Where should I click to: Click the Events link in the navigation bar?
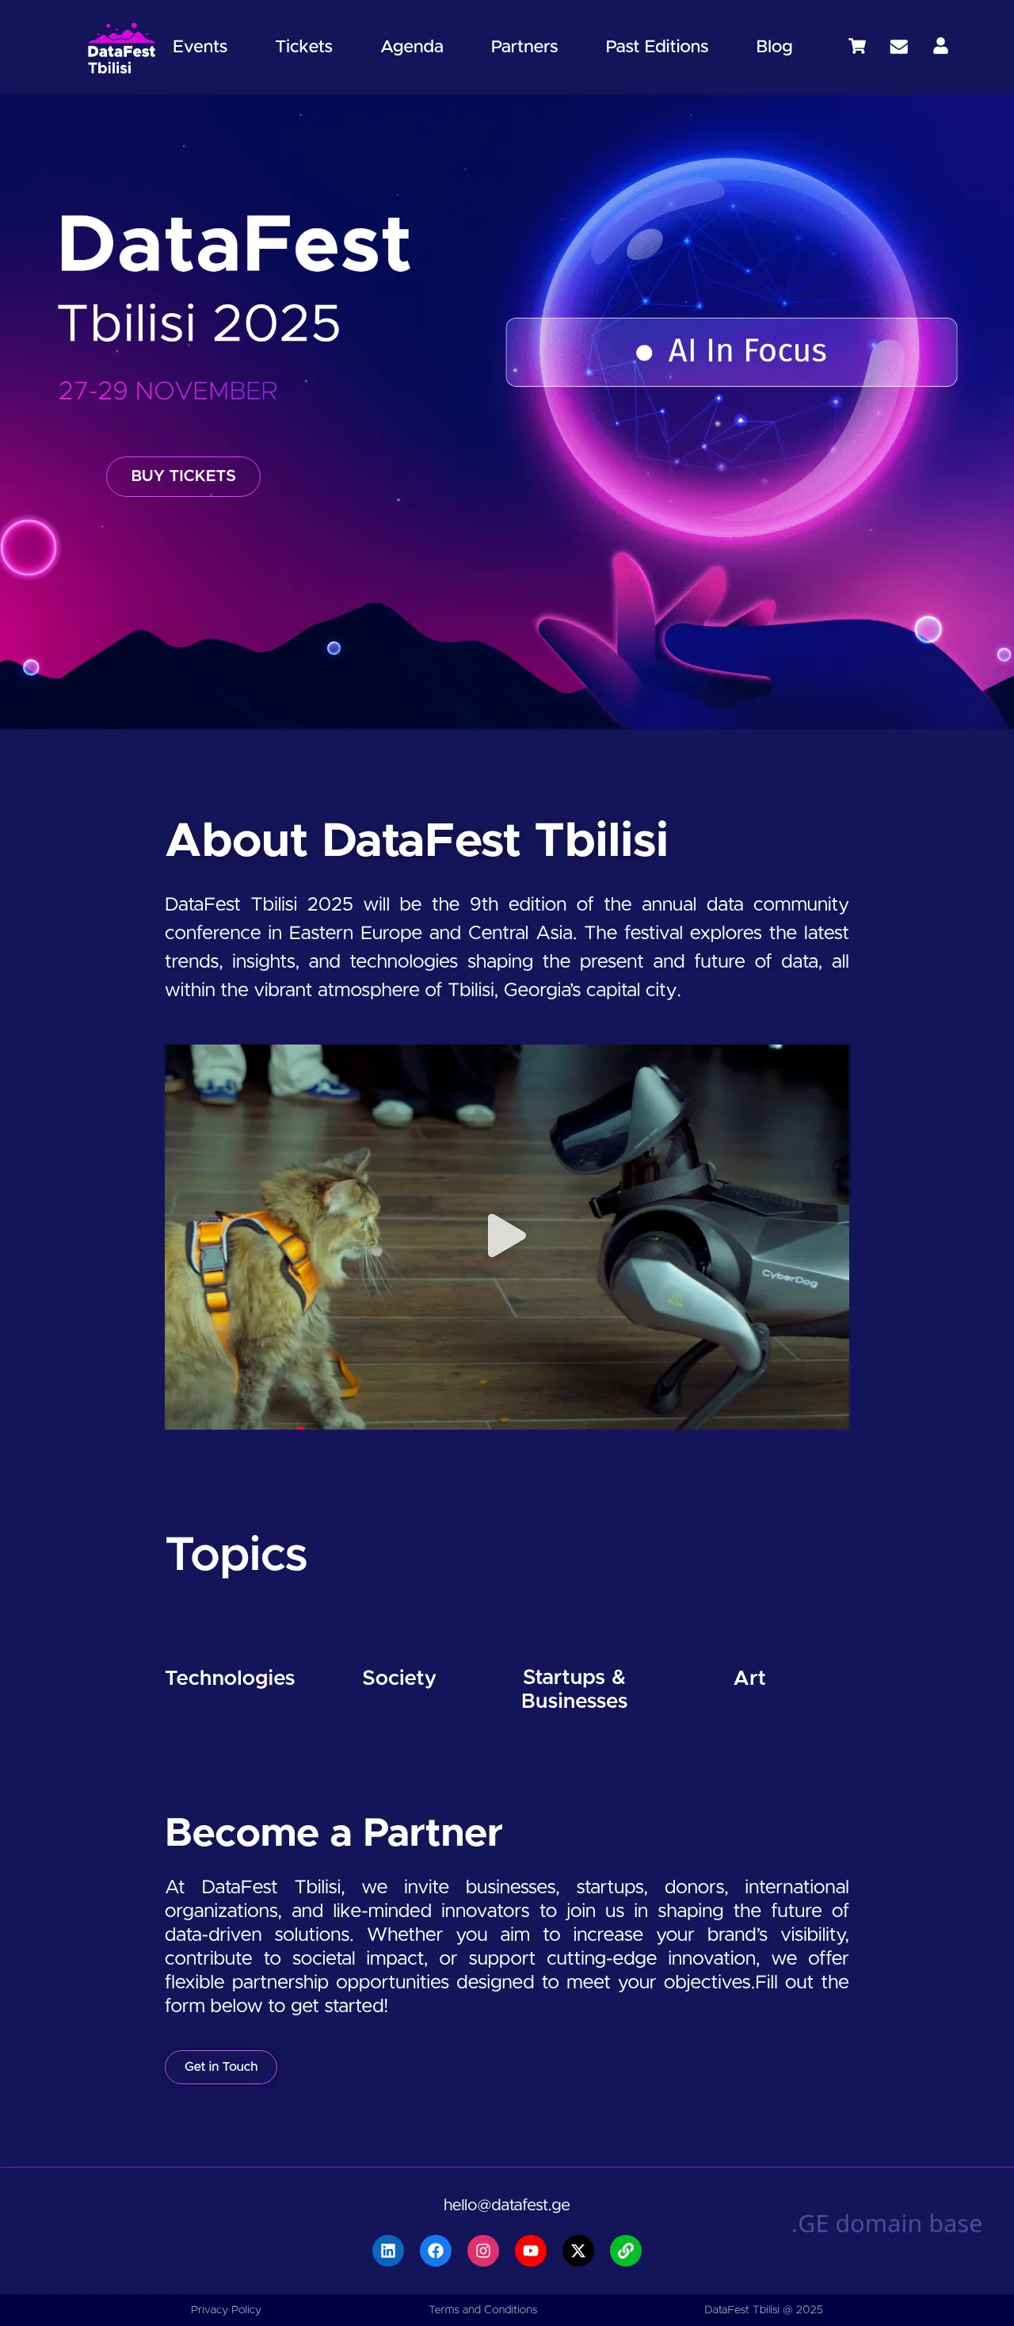pyautogui.click(x=200, y=46)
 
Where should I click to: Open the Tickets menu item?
pyautogui.click(x=303, y=46)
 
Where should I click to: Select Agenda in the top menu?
pyautogui.click(x=412, y=47)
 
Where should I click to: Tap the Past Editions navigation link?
pyautogui.click(x=657, y=46)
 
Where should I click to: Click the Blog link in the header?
pyautogui.click(x=774, y=47)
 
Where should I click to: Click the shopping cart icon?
pyautogui.click(x=857, y=46)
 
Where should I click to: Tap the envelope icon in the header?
pyautogui.click(x=898, y=46)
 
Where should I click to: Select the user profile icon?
pyautogui.click(x=940, y=45)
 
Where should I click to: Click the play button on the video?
pyautogui.click(x=505, y=1236)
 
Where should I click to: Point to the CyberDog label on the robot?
pyautogui.click(x=789, y=1277)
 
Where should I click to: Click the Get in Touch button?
pyautogui.click(x=220, y=2066)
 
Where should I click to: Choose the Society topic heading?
pyautogui.click(x=399, y=1678)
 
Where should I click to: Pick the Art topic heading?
pyautogui.click(x=749, y=1678)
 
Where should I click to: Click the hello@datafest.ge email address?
pyautogui.click(x=506, y=2204)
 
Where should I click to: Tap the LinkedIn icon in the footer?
pyautogui.click(x=388, y=2250)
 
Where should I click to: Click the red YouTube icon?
pyautogui.click(x=531, y=2250)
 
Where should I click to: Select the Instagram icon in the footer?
pyautogui.click(x=483, y=2250)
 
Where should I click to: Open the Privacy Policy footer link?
pyautogui.click(x=226, y=2309)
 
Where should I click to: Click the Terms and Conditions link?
pyautogui.click(x=483, y=2309)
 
